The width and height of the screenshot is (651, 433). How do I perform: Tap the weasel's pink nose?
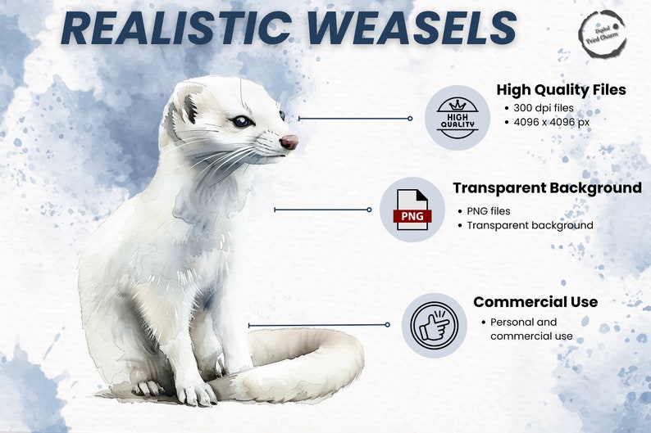tap(289, 142)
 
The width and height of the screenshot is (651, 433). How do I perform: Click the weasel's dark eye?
tap(241, 122)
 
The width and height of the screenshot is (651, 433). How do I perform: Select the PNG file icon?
tap(412, 210)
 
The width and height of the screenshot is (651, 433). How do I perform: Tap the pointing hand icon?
tap(434, 325)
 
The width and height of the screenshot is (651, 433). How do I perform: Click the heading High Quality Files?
tap(561, 90)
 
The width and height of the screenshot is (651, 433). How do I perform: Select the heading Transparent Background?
tap(547, 188)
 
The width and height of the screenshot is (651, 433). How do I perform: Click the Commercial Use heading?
tap(535, 302)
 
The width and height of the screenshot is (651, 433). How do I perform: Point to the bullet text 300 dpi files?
tap(541, 108)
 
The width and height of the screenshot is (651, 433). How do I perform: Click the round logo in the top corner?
tap(603, 34)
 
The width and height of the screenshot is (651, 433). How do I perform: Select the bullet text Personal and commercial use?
tap(524, 329)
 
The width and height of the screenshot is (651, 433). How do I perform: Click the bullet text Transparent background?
tap(530, 225)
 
